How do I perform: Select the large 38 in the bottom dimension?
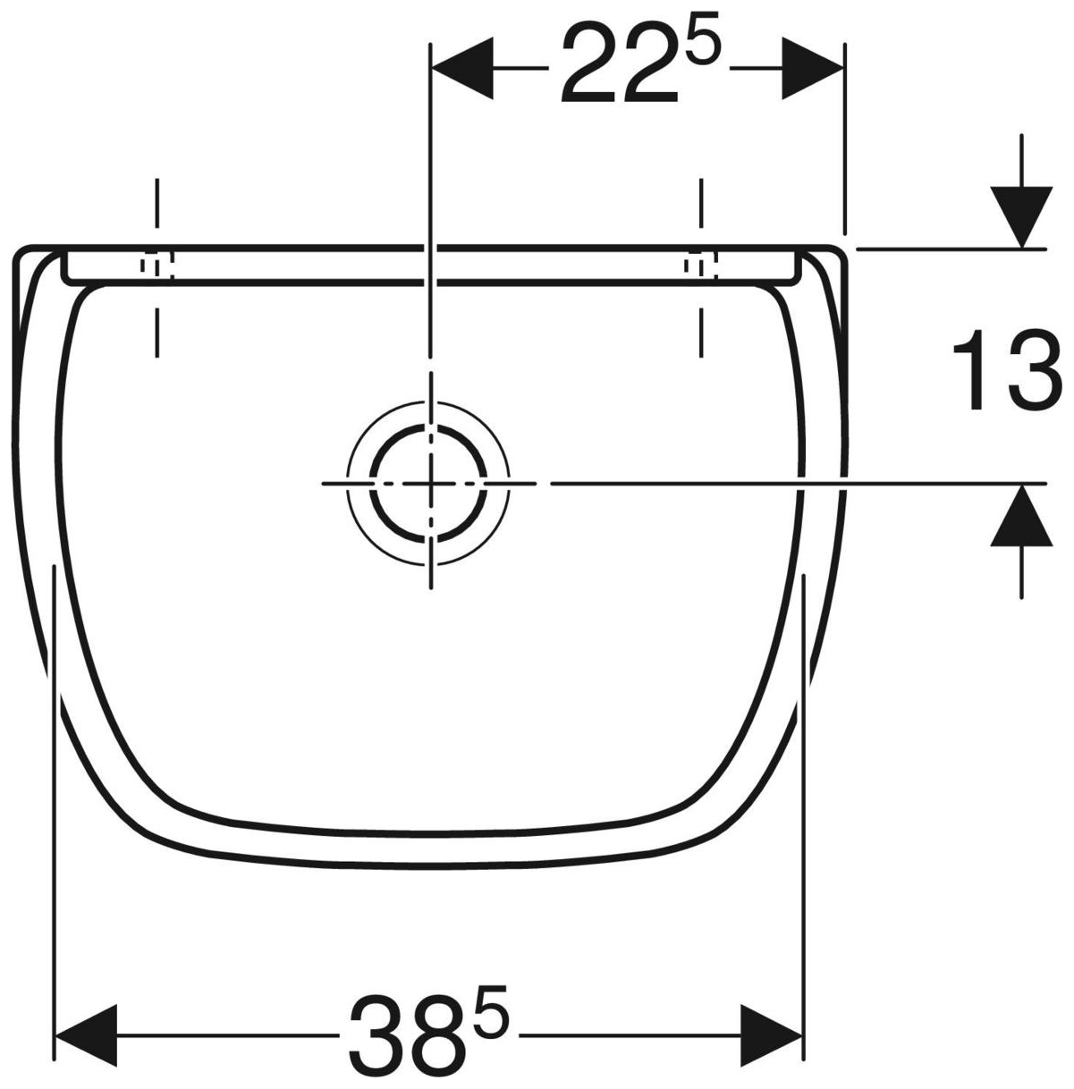pyautogui.click(x=407, y=1037)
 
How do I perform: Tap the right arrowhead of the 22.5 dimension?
pyautogui.click(x=813, y=69)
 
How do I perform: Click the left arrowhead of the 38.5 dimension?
pyautogui.click(x=86, y=1036)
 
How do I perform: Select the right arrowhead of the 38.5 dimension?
pyautogui.click(x=773, y=1036)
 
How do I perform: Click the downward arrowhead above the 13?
pyautogui.click(x=1020, y=217)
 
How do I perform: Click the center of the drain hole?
pyautogui.click(x=429, y=483)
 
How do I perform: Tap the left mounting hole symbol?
pyautogui.click(x=156, y=265)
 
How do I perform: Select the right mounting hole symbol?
pyautogui.click(x=700, y=265)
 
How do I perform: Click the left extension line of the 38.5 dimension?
pyautogui.click(x=55, y=805)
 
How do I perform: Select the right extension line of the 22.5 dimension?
pyautogui.click(x=843, y=134)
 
